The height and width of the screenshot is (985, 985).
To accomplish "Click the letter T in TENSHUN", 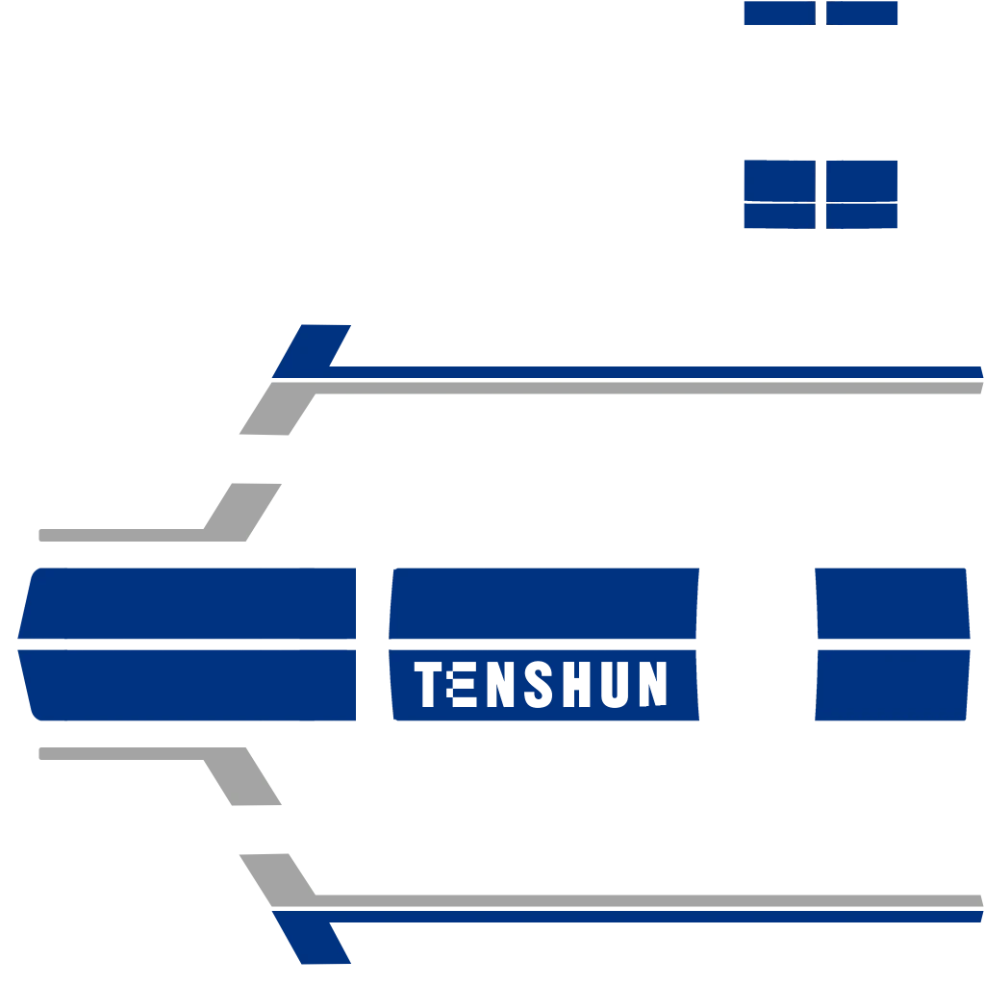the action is pyautogui.click(x=428, y=684).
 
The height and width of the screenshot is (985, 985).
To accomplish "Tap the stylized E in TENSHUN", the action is pyautogui.click(x=461, y=684).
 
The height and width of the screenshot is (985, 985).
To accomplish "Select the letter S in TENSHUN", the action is pyautogui.click(x=539, y=684).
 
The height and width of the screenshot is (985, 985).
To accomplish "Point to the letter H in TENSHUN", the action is pyautogui.click(x=577, y=684).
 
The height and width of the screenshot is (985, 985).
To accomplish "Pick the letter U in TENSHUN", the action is pyautogui.click(x=615, y=684).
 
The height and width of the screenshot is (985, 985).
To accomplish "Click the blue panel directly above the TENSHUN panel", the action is pyautogui.click(x=544, y=603).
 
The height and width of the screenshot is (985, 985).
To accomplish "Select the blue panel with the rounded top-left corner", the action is pyautogui.click(x=188, y=603).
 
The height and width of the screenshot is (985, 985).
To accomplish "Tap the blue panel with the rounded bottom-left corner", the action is pyautogui.click(x=188, y=685).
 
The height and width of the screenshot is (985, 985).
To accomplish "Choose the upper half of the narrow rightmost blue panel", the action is pyautogui.click(x=892, y=603).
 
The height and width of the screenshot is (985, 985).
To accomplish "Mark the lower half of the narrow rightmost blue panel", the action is pyautogui.click(x=892, y=685).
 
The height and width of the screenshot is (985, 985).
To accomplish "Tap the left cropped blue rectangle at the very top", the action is pyautogui.click(x=779, y=13).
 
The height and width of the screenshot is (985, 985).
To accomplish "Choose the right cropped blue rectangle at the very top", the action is pyautogui.click(x=862, y=13).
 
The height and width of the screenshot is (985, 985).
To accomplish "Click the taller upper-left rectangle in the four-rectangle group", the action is pyautogui.click(x=779, y=180).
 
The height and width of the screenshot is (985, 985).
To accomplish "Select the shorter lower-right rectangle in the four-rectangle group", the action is pyautogui.click(x=862, y=216).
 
